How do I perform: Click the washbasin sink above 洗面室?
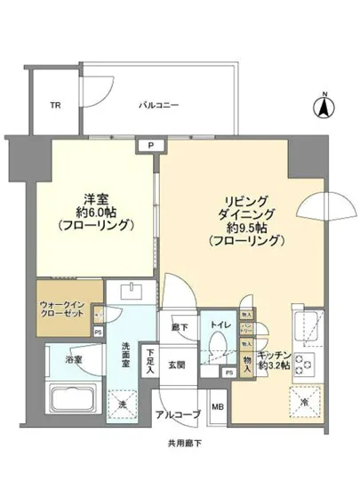(x=131, y=293)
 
